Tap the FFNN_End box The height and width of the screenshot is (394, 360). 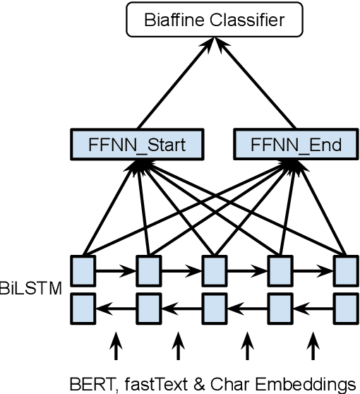click(x=296, y=145)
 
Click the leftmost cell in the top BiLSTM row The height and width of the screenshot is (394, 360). click(x=83, y=269)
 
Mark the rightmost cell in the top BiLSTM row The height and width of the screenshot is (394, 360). click(x=344, y=269)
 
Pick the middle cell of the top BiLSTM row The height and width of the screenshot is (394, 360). click(x=214, y=269)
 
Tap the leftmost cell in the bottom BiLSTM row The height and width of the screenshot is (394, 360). click(x=83, y=307)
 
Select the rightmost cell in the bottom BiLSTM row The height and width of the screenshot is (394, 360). click(x=344, y=307)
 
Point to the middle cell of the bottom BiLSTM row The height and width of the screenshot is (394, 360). click(x=214, y=307)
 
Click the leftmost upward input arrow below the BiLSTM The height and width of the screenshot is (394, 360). click(x=114, y=346)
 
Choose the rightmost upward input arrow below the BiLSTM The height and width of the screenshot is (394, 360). click(x=313, y=346)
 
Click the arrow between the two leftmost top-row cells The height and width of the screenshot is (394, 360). click(x=114, y=269)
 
